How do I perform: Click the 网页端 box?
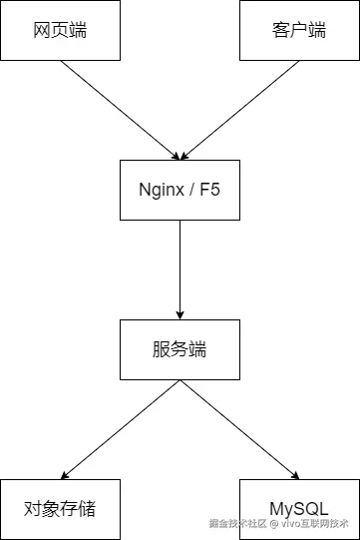tap(60, 30)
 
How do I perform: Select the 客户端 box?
tap(298, 30)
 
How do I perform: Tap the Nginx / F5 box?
tap(180, 190)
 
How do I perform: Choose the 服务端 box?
tap(180, 349)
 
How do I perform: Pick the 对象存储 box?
tap(60, 508)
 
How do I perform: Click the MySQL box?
tap(298, 508)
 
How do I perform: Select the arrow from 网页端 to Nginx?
tap(120, 110)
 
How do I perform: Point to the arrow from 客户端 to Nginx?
tap(239, 110)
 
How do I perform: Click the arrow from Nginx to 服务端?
tap(180, 270)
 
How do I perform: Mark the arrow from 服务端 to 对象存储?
tap(120, 429)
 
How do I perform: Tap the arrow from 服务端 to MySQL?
tap(239, 429)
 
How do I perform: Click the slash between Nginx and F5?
tap(192, 190)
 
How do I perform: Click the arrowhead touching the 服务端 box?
tap(180, 313)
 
